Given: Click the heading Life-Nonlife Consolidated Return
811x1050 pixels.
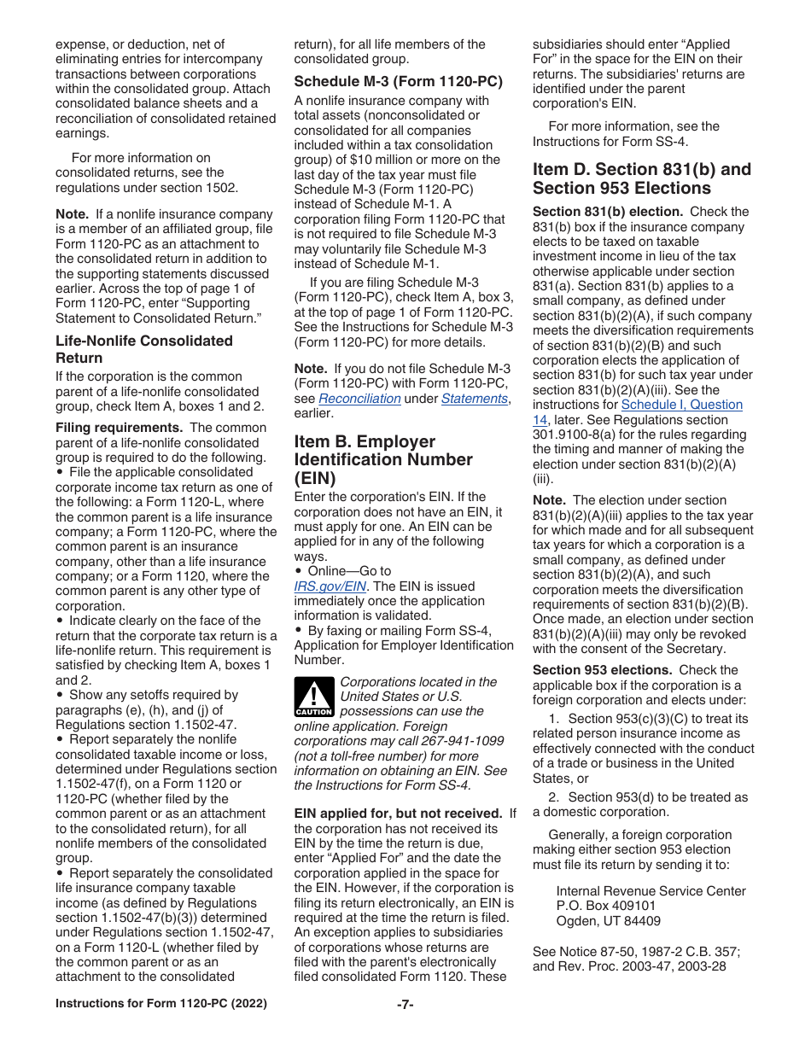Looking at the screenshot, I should pyautogui.click(x=143, y=349).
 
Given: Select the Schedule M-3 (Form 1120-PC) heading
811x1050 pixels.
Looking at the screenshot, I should pyautogui.click(x=398, y=82).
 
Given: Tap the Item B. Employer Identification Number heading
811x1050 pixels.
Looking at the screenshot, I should pyautogui.click(x=383, y=459).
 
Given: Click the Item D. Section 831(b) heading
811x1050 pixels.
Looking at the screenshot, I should pyautogui.click(x=642, y=178).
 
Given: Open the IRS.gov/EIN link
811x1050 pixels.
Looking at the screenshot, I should pyautogui.click(x=330, y=586).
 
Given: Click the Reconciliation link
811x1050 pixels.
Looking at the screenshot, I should pyautogui.click(x=359, y=399).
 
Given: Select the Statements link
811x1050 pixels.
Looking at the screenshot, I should pyautogui.click(x=475, y=399).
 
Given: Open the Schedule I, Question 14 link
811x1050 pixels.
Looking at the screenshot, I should pyautogui.click(x=681, y=405).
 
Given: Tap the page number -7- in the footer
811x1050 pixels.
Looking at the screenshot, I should pyautogui.click(x=405, y=1004).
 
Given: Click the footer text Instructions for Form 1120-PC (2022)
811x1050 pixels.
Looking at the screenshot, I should pyautogui.click(x=160, y=1004).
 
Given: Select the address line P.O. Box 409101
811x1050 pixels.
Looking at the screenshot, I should pyautogui.click(x=606, y=906).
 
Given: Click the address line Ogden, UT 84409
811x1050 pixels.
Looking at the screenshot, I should pyautogui.click(x=608, y=921).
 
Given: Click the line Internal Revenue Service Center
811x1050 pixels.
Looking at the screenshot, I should pyautogui.click(x=651, y=891).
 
